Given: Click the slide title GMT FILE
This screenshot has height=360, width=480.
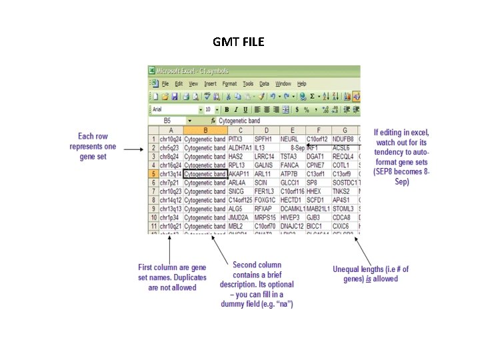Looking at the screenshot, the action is (x=239, y=42).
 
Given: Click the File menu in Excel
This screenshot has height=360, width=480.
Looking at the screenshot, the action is (x=165, y=84).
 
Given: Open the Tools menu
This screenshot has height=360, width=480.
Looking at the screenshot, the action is (x=248, y=84).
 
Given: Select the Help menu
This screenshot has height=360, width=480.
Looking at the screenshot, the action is (x=301, y=84).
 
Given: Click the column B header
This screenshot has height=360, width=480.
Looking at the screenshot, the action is (x=205, y=130).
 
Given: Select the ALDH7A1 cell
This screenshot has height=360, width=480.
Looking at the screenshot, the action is (x=240, y=147).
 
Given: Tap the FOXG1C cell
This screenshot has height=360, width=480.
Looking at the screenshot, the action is (x=265, y=199).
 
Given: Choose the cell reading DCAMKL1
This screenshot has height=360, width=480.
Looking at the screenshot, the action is (x=292, y=208).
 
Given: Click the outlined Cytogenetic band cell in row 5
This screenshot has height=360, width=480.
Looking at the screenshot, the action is (x=205, y=173).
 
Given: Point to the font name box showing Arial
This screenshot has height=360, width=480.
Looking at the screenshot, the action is (x=175, y=109).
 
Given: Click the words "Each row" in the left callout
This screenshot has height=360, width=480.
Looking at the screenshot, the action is (x=93, y=137).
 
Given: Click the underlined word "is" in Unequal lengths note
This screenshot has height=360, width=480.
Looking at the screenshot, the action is (x=368, y=279).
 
